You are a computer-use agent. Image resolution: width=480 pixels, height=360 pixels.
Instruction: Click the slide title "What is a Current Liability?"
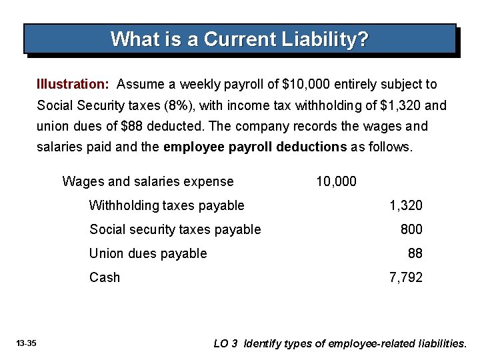point(239,39)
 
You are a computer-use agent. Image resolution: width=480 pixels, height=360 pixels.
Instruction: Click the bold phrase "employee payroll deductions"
point(255,147)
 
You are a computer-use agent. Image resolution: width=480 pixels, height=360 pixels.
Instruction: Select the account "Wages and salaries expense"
point(147,181)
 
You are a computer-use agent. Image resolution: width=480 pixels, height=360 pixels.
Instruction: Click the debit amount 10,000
point(336,181)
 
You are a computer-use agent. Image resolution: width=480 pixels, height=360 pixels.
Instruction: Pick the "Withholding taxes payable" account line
point(167,205)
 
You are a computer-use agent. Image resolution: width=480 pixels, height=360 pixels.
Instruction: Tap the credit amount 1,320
point(405,205)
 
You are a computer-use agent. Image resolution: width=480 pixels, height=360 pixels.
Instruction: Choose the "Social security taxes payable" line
point(175,229)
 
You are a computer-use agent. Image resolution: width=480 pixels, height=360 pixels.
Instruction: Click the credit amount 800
point(411,229)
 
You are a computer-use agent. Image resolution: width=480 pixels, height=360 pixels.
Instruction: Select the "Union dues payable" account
point(148,253)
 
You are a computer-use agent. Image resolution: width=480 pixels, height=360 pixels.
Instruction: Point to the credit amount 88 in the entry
point(415,253)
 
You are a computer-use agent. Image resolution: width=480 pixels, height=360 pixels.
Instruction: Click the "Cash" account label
point(105,277)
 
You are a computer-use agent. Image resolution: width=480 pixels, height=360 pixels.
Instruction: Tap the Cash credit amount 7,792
point(405,277)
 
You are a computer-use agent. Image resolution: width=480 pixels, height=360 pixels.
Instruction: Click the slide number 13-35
point(27,343)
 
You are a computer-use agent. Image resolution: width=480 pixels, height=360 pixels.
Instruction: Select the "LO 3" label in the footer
point(225,344)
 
